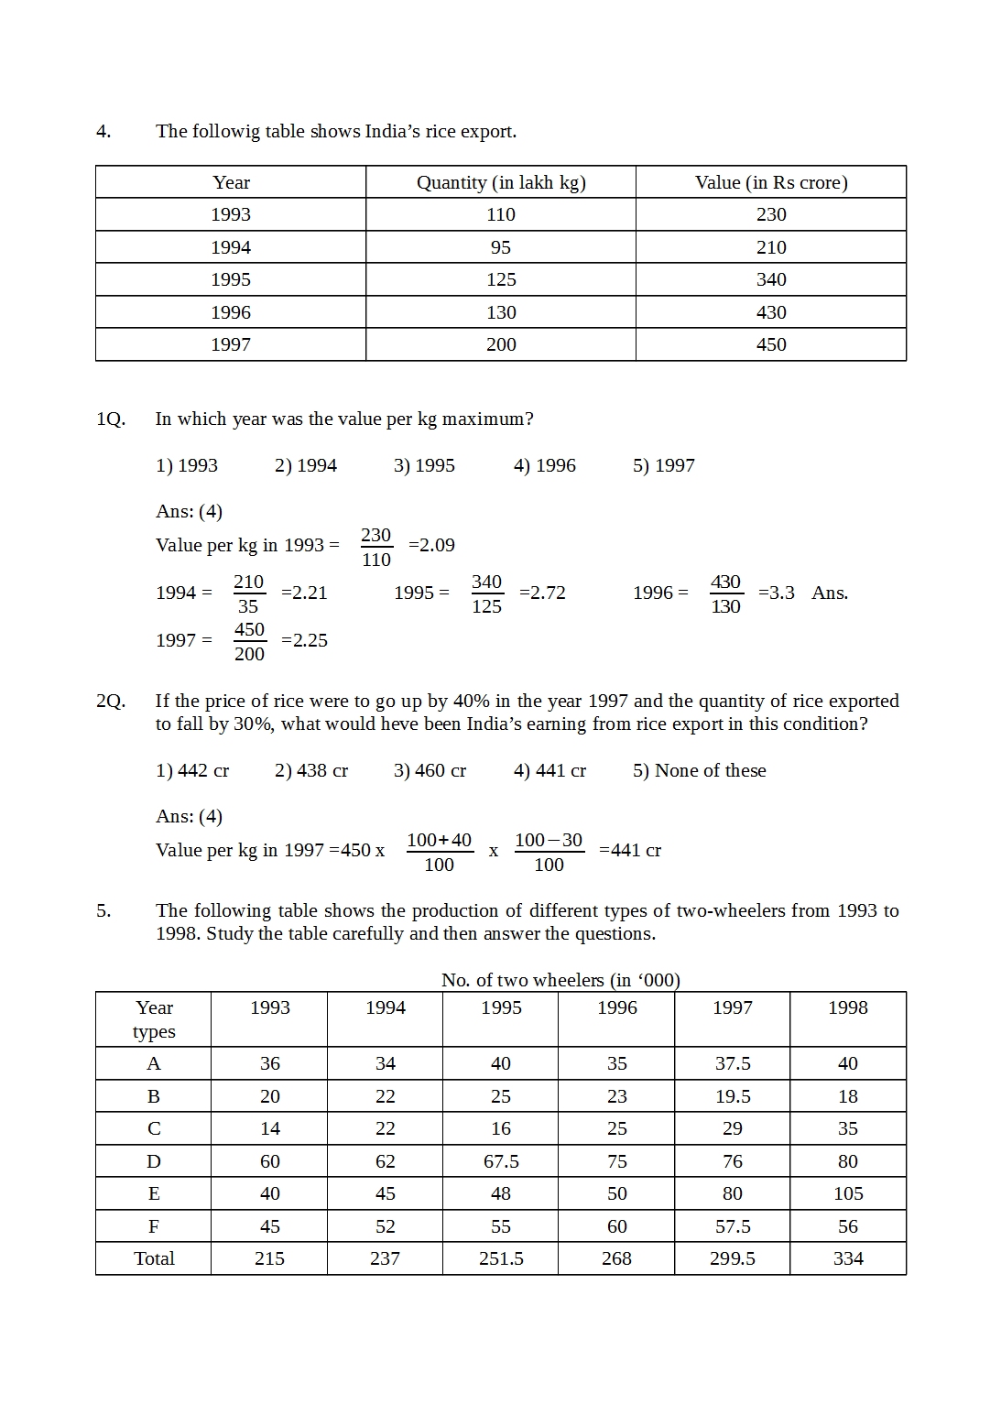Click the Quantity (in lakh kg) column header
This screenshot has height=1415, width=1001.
[501, 182]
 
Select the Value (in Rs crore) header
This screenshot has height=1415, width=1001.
[771, 182]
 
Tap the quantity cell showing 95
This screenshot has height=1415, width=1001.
[501, 247]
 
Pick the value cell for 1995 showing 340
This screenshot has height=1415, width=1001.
[771, 279]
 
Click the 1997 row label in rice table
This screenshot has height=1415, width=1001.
[231, 344]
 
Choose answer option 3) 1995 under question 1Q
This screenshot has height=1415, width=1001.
[424, 465]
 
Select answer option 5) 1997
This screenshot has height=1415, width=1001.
[663, 465]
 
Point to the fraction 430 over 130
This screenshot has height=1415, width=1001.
[725, 593]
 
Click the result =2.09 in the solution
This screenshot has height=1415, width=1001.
[431, 545]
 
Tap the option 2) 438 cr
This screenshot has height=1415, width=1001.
[311, 770]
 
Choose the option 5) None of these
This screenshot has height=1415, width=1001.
[699, 770]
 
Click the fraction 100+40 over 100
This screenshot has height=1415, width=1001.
[439, 852]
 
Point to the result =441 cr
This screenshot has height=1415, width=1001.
[630, 850]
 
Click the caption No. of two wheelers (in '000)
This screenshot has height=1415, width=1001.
[560, 980]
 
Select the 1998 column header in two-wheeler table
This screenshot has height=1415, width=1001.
[848, 1007]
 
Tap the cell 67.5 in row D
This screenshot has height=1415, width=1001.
[501, 1161]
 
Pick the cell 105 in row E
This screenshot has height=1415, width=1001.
[848, 1193]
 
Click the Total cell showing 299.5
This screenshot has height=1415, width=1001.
[733, 1258]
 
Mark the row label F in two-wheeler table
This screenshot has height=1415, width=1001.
[154, 1226]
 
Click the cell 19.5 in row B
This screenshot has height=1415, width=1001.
[733, 1096]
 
